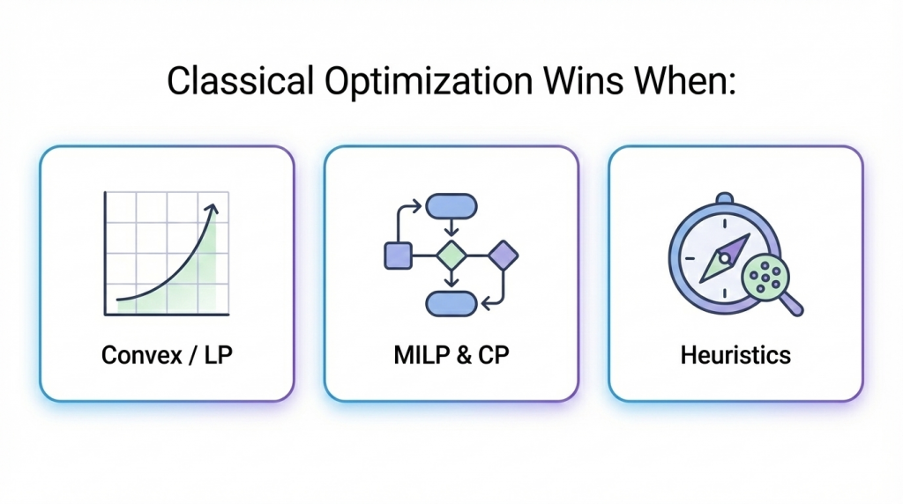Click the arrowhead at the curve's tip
(x=212, y=209)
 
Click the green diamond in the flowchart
(x=451, y=256)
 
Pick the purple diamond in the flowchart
(x=503, y=255)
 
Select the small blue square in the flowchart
(x=398, y=256)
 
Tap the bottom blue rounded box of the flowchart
(x=451, y=303)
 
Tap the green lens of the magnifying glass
(x=763, y=276)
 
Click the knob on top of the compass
(x=725, y=199)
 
